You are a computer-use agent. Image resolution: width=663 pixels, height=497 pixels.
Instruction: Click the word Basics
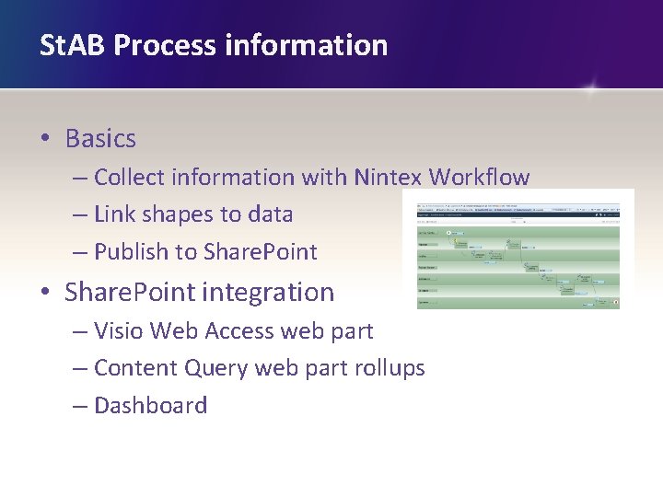100,139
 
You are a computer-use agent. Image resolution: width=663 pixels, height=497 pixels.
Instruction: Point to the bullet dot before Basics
44,140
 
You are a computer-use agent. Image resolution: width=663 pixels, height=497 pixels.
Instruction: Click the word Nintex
390,177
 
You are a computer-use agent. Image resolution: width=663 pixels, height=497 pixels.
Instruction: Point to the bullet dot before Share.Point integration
44,294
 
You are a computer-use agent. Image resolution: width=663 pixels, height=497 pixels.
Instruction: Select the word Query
216,368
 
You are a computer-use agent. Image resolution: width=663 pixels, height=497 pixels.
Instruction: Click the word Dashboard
150,406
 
